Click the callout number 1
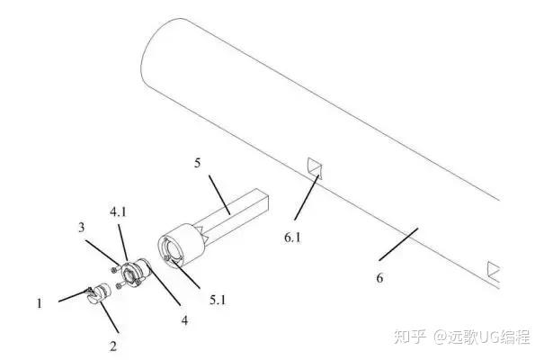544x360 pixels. (40, 303)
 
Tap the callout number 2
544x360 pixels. (113, 344)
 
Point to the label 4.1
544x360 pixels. (118, 213)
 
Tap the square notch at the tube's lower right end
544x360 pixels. (493, 269)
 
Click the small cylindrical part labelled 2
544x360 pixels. (100, 292)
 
